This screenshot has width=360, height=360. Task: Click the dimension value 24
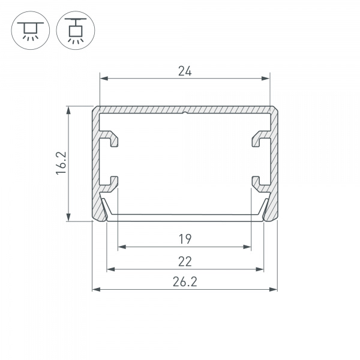(x=185, y=71)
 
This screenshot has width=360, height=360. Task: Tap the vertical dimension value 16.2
(x=61, y=163)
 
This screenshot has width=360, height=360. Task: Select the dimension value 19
(x=185, y=239)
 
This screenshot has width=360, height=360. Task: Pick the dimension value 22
(x=185, y=262)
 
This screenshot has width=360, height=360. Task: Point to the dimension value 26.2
(x=185, y=282)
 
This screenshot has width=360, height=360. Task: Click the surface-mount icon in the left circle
(x=31, y=31)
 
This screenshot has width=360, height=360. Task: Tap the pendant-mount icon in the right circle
(x=76, y=31)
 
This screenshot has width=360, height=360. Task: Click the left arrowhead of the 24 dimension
(x=104, y=79)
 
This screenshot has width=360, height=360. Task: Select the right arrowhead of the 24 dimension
(x=266, y=79)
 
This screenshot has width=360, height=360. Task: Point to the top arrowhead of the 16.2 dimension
(x=68, y=110)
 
